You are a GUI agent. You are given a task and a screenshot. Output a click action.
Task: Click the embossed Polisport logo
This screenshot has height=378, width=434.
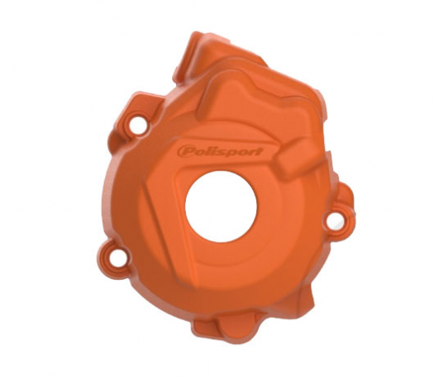(x=220, y=151)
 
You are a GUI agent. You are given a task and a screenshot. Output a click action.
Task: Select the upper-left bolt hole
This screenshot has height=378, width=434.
(x=138, y=124)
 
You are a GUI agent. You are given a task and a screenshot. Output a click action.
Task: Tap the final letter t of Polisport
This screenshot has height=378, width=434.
(x=259, y=151)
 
